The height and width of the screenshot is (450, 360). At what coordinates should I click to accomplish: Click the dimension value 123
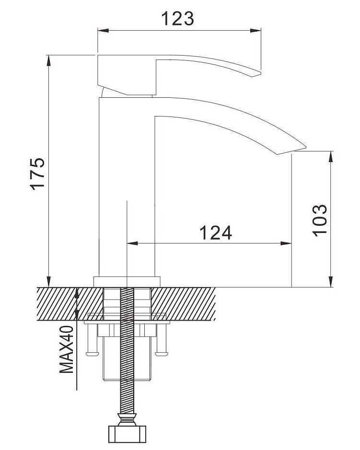pos(177,19)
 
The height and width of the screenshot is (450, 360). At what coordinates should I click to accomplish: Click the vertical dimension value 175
pos(38,173)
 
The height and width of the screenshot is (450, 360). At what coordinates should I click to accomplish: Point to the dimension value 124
pos(216,233)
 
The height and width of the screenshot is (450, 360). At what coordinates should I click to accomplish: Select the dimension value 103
pos(320,220)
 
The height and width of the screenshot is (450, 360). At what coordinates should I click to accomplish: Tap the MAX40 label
pos(67,349)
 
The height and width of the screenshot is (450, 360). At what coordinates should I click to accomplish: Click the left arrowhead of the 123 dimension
pos(103,30)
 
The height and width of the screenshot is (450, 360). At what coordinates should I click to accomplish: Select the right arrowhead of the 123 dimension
pos(255,30)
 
